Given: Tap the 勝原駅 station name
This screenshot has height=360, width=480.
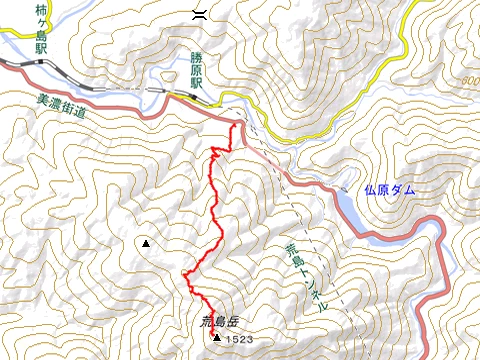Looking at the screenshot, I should (197, 72).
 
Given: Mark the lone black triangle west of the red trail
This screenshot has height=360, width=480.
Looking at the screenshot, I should (146, 243).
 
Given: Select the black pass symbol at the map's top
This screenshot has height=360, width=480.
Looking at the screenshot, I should (200, 12).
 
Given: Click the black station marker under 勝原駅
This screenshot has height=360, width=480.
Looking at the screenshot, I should (195, 96).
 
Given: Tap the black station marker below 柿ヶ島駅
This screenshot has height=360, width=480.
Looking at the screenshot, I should (41, 62).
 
